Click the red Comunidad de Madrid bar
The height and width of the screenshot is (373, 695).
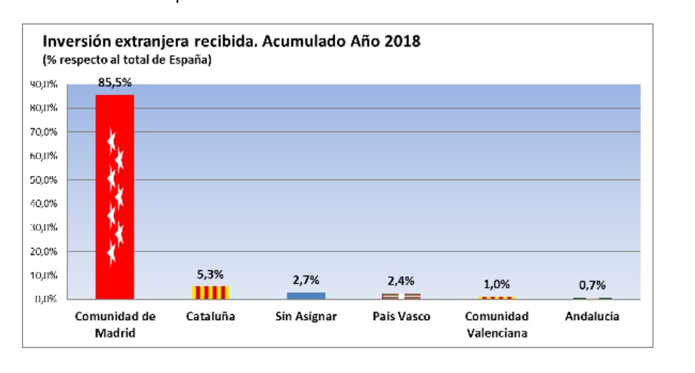(115, 196)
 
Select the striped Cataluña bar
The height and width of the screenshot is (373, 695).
(211, 292)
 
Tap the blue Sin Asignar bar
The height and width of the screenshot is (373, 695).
(306, 295)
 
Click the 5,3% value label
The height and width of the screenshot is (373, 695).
(211, 275)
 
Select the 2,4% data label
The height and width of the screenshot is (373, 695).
(401, 282)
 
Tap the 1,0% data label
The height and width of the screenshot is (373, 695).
(497, 285)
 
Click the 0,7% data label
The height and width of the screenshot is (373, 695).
(592, 285)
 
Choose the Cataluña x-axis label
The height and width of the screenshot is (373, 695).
(211, 316)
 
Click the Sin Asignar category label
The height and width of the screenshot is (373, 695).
(306, 316)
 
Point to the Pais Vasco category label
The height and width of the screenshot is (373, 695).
(401, 316)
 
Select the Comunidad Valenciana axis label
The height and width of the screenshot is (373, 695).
(497, 323)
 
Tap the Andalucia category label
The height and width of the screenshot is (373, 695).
(592, 316)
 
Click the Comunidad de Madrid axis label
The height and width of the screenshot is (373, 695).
(115, 323)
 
